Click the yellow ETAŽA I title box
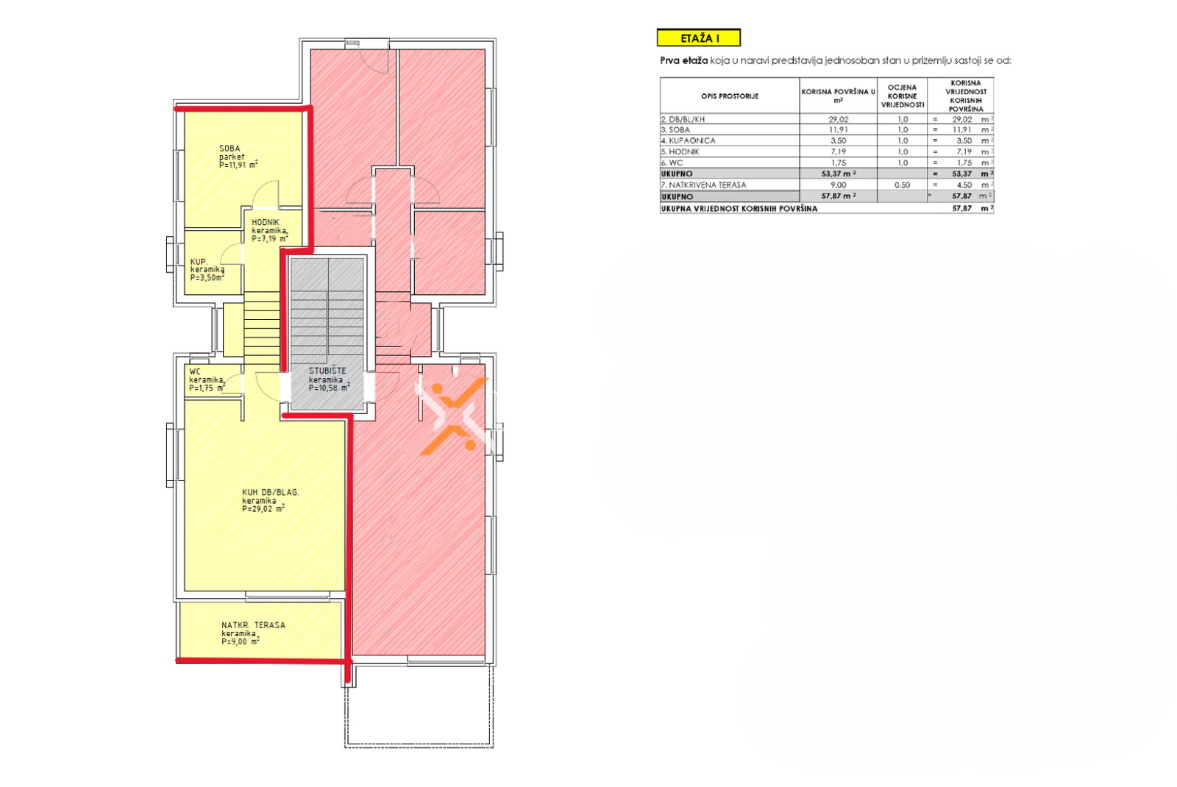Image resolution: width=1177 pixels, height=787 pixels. (x=698, y=38)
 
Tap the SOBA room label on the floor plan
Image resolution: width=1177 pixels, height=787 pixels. (x=230, y=149)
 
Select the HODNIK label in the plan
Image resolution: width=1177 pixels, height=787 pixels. (x=266, y=222)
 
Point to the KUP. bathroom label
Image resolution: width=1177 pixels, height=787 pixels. (x=199, y=262)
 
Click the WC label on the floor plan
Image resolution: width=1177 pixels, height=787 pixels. (x=194, y=372)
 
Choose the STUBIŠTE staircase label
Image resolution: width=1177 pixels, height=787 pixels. (x=327, y=371)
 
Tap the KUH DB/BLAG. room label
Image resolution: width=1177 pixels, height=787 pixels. (x=270, y=492)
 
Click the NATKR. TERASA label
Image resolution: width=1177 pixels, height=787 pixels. (x=253, y=625)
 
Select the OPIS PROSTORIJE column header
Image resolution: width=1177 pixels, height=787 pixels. (x=729, y=96)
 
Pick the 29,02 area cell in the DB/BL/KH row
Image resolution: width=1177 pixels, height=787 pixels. (x=838, y=119)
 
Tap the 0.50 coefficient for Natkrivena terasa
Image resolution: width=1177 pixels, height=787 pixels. (x=902, y=185)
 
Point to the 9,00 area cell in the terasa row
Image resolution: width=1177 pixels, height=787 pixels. (x=838, y=185)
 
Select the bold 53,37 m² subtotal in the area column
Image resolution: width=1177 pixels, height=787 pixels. (x=839, y=174)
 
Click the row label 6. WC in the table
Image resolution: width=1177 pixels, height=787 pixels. (x=672, y=163)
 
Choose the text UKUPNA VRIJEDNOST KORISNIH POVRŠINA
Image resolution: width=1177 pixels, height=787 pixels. (x=739, y=209)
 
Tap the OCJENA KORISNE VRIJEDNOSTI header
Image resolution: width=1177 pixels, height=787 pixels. (x=902, y=96)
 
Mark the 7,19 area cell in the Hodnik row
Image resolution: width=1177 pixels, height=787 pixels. (x=838, y=152)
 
